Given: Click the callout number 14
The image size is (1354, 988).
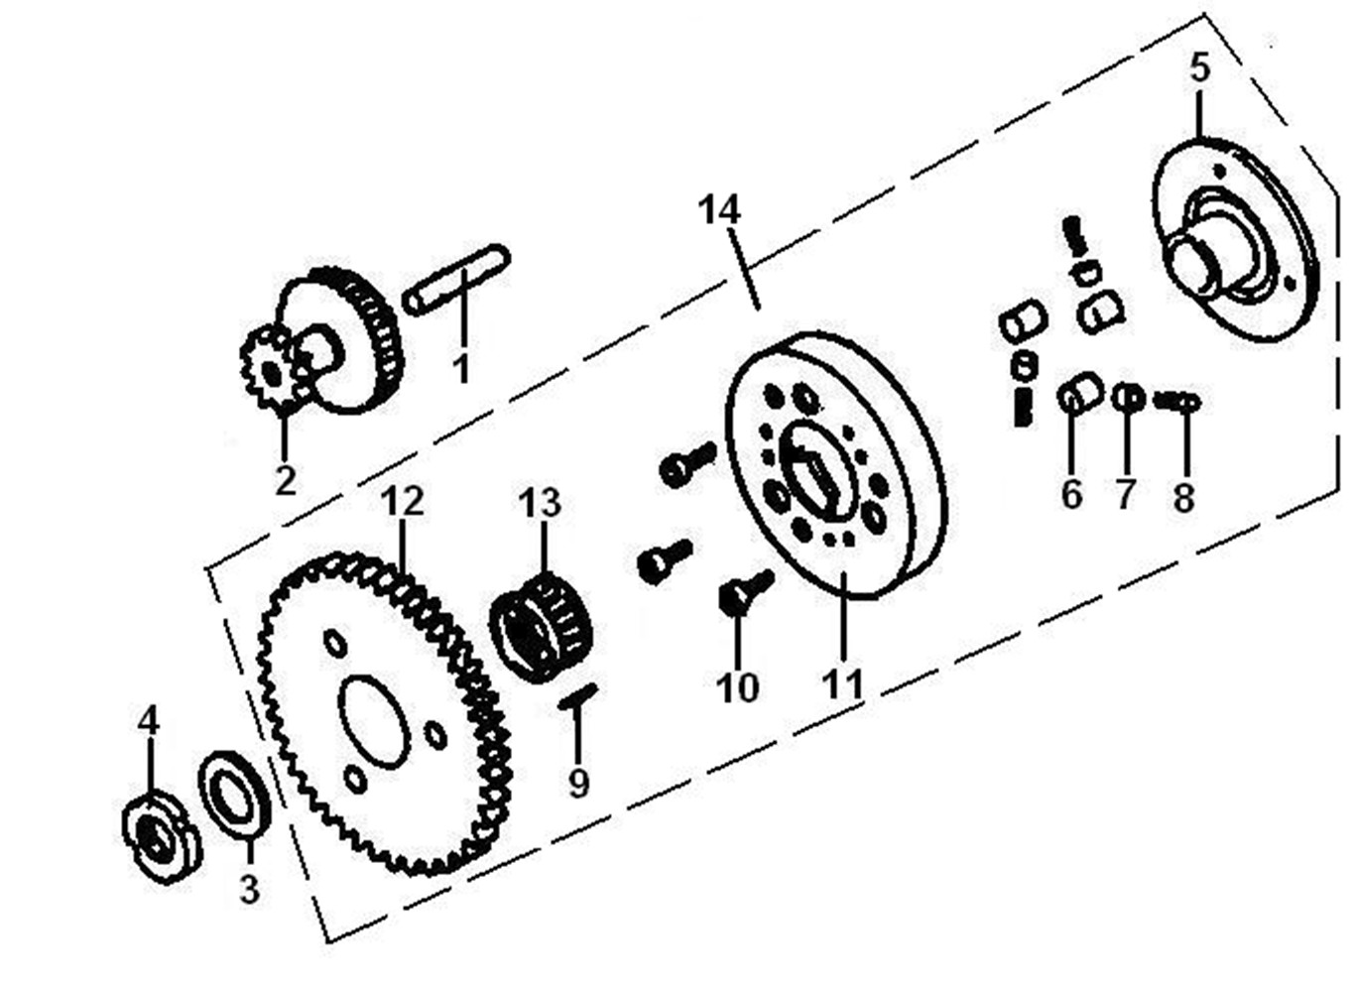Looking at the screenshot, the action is (719, 210).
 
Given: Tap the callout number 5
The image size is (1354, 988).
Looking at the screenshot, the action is (1200, 67).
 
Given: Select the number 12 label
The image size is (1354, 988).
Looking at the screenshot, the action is (403, 501).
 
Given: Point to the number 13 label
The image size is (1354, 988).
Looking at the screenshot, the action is (540, 503).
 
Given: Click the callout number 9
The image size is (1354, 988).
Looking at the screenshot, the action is (578, 783).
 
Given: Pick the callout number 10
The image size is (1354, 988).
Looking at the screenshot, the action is (737, 686).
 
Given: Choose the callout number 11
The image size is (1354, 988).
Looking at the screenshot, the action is (842, 683).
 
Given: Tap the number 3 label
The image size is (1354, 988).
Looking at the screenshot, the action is (249, 889).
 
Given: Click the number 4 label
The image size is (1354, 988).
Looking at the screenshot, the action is (148, 720).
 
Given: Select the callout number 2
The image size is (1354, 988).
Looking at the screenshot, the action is (286, 481).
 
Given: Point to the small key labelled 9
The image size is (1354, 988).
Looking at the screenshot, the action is (578, 696).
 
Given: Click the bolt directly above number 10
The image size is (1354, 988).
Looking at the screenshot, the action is (747, 591).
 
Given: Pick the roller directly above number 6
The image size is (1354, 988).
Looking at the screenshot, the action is (1080, 394).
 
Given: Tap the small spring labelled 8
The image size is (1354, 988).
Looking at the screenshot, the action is (1176, 401).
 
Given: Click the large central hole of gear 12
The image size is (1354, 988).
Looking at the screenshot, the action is (374, 722).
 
